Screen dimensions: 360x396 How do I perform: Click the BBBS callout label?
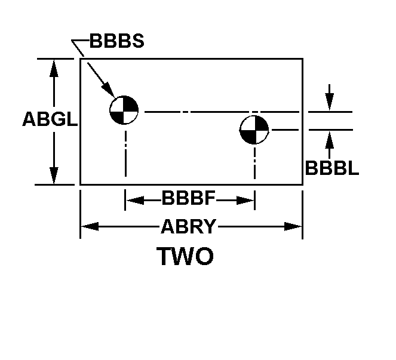click(116, 42)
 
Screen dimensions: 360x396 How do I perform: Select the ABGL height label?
click(50, 119)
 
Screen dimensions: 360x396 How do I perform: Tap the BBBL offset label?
click(331, 168)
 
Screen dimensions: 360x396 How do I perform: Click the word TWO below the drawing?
click(185, 257)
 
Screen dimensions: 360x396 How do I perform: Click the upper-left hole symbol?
click(124, 110)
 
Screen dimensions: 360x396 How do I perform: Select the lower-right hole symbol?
click(254, 130)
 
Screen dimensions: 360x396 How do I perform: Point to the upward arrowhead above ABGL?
click(54, 67)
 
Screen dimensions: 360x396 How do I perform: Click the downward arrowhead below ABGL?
click(54, 177)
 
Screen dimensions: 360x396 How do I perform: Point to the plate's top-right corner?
click(302, 59)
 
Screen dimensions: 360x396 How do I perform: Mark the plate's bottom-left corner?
click(81, 184)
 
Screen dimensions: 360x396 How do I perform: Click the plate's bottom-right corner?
click(302, 184)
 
